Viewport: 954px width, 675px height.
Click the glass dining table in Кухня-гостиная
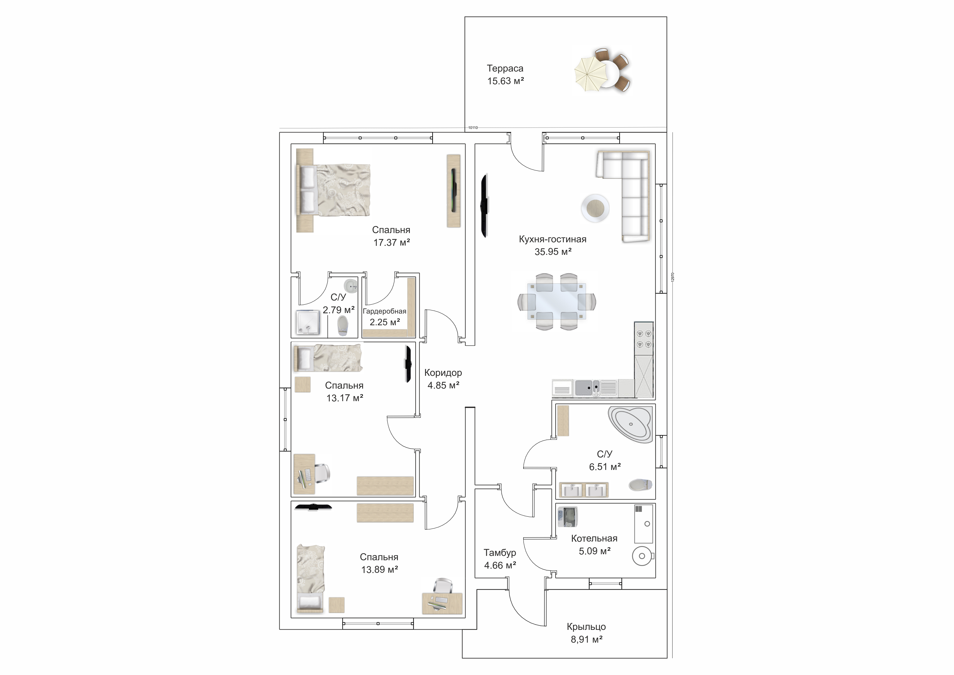click(x=557, y=301)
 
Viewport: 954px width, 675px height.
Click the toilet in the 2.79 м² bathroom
click(x=342, y=326)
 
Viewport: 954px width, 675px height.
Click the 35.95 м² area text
click(x=553, y=252)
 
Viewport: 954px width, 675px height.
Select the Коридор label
click(x=443, y=373)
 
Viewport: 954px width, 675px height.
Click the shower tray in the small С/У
click(x=308, y=323)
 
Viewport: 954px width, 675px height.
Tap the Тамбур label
click(x=500, y=553)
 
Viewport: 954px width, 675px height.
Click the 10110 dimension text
click(x=473, y=128)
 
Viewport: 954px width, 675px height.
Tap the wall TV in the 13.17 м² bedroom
click(x=408, y=364)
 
